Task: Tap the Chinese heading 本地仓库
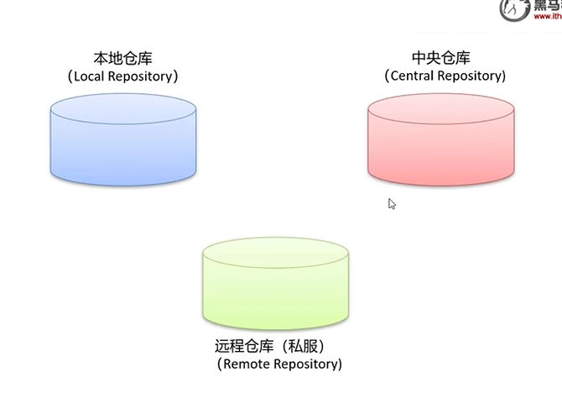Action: pos(123,58)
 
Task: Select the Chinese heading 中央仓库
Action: pos(441,58)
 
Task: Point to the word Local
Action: pos(91,76)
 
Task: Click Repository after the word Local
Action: pos(143,76)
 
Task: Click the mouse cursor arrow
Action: pos(391,202)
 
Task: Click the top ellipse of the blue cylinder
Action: pos(123,109)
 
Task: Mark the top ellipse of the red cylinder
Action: pos(440,109)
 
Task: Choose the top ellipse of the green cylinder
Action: pos(276,251)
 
